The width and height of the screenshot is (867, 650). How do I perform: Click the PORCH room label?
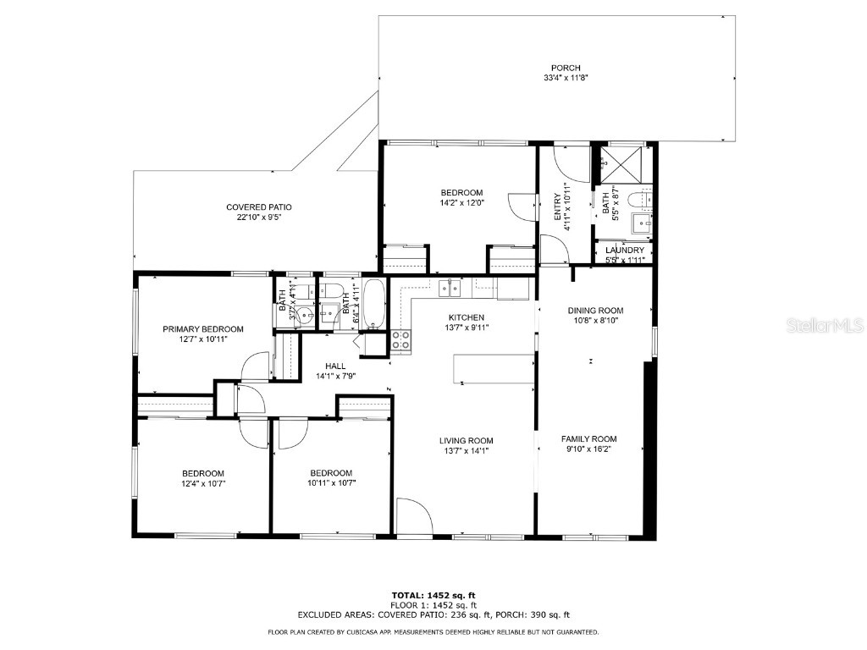[x=566, y=68]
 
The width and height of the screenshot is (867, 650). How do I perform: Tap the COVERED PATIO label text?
[x=258, y=207]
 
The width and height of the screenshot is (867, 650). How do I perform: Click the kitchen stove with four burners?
[x=401, y=340]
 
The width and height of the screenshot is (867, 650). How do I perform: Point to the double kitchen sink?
[x=448, y=288]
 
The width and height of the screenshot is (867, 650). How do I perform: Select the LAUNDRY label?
[x=625, y=251]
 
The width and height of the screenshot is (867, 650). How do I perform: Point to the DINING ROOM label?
[x=595, y=311]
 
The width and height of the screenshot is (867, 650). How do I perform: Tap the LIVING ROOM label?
[x=466, y=440]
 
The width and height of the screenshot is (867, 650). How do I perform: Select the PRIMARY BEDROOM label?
[x=203, y=329]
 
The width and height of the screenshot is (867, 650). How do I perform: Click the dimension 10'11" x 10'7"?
[x=330, y=484]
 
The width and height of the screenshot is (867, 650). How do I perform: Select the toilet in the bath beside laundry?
[x=639, y=201]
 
